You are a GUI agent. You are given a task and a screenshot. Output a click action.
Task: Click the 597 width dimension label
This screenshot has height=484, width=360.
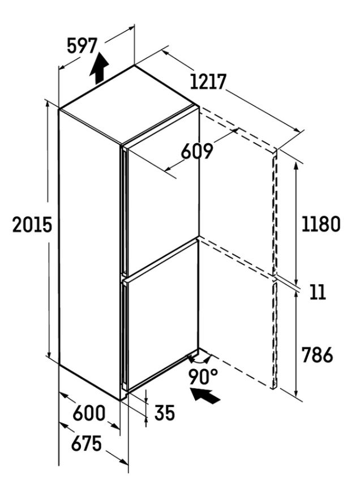coord(82,46)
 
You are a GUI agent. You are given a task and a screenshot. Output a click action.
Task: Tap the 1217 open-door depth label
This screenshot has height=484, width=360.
coord(208,82)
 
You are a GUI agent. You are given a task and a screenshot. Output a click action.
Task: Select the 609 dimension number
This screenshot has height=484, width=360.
coord(197,151)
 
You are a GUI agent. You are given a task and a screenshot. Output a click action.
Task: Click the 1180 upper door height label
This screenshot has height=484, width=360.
coord(321,224)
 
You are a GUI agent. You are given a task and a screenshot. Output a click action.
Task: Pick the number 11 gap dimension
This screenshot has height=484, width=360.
coord(318,292)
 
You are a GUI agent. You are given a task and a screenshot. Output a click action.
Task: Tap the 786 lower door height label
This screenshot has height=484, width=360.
coord(317,355)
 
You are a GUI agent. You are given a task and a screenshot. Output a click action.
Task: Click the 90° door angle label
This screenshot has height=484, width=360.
coord(203,376)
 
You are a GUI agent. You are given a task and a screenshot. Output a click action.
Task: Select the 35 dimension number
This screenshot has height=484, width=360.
coord(165,413)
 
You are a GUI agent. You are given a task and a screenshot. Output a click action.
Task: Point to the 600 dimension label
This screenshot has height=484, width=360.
coord(89,413)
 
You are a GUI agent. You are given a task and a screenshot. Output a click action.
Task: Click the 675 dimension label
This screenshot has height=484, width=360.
coord(87,443)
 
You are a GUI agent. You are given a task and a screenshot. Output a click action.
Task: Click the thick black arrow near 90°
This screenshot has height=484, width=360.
coord(205,396)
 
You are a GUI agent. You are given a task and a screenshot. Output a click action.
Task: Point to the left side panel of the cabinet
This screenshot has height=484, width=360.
coord(89,253)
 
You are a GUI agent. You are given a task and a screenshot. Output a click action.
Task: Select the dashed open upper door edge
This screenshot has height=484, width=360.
coord(275,213)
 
